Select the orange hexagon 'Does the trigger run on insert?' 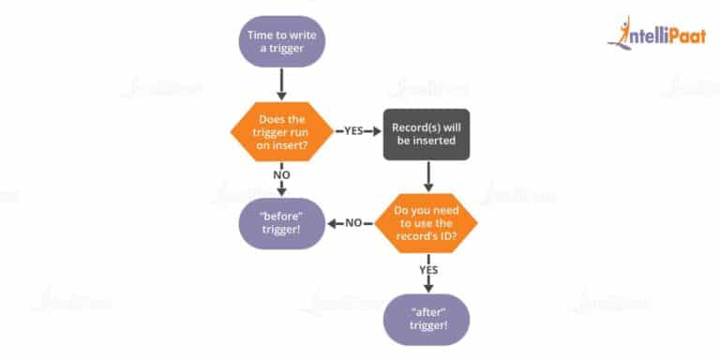click(x=281, y=131)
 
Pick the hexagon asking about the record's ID click(x=427, y=223)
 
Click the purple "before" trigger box click(x=281, y=223)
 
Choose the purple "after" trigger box click(x=427, y=317)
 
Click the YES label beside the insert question click(x=353, y=131)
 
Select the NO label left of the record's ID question click(x=353, y=223)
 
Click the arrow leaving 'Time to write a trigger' click(x=281, y=84)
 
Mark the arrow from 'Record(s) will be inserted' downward click(x=427, y=175)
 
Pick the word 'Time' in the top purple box click(x=262, y=36)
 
